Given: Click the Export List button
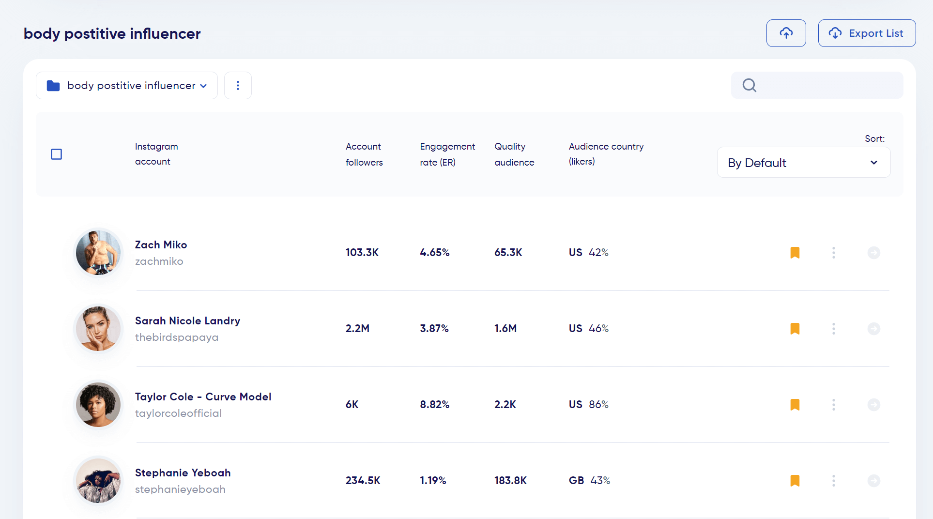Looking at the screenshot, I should click(867, 33).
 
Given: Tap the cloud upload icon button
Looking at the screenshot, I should click(786, 33).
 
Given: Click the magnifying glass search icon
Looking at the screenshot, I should click(749, 85).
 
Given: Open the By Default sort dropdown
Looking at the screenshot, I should click(803, 163).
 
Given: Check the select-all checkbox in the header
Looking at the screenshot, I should click(57, 154).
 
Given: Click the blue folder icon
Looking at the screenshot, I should click(53, 86).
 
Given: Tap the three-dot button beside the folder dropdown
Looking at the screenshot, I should click(238, 86).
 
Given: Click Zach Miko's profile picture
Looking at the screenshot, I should click(98, 253).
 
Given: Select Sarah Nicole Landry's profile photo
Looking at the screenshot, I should click(98, 329).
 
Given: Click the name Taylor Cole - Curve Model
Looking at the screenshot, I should click(203, 397).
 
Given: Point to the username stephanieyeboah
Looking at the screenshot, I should click(180, 489).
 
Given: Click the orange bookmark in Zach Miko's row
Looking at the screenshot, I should click(795, 253).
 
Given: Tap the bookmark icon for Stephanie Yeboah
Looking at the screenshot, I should click(795, 481).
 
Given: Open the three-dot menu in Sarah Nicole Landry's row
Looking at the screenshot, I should click(833, 329).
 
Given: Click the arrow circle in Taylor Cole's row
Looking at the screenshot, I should click(873, 405).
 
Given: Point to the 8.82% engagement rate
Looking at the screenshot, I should click(434, 405).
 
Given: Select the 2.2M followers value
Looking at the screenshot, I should click(357, 329).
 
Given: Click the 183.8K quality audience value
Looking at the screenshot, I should click(510, 481).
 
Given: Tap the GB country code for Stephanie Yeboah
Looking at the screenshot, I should click(576, 481).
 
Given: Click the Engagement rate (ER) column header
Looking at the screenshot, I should click(447, 154).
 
